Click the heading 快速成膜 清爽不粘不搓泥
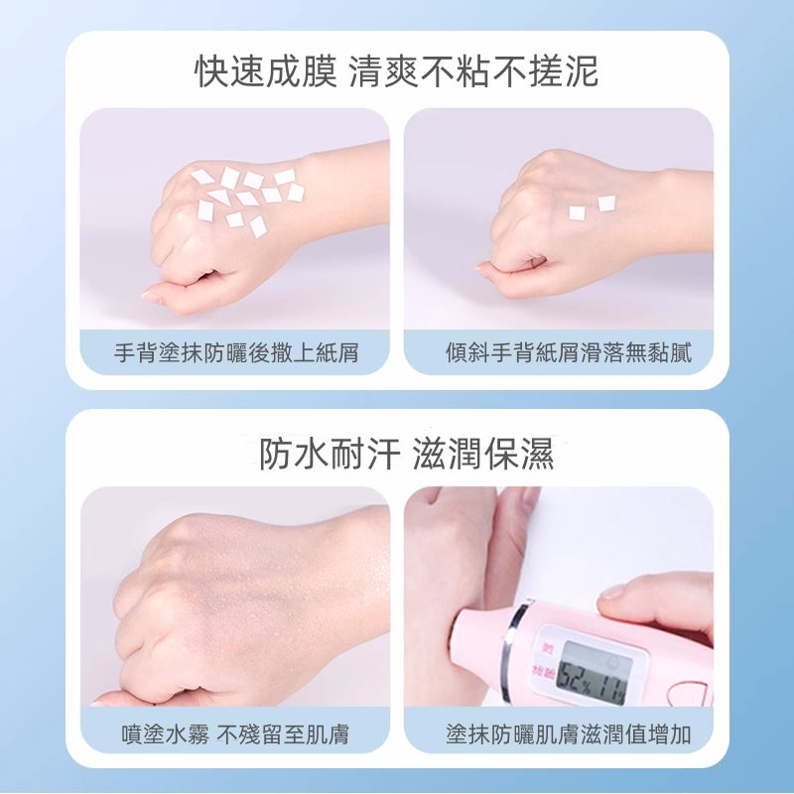(397, 71)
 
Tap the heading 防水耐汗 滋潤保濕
(406, 454)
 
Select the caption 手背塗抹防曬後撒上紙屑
(236, 352)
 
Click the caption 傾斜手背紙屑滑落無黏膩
(568, 352)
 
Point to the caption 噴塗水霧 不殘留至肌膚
(235, 733)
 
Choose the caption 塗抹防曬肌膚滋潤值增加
(568, 733)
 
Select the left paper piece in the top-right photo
(577, 213)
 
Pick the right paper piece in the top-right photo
(606, 203)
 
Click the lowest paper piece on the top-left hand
(258, 227)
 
